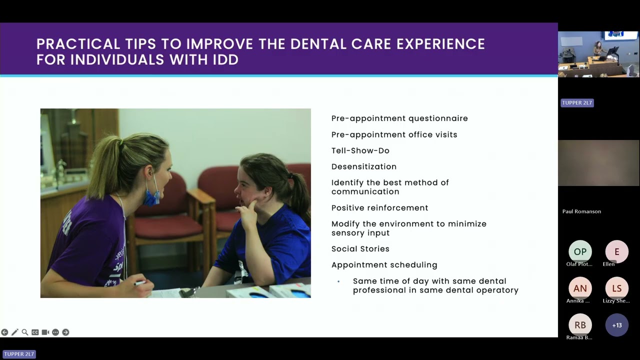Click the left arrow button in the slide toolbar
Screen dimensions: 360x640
click(x=4, y=332)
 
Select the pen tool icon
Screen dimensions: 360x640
click(x=14, y=332)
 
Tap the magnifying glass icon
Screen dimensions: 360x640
click(x=24, y=332)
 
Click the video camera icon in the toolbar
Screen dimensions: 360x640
click(x=45, y=332)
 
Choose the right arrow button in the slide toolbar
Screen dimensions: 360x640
click(x=65, y=332)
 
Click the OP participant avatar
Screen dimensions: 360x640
click(x=580, y=251)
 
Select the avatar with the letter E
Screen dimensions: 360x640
click(x=616, y=251)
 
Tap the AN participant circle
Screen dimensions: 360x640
click(x=580, y=288)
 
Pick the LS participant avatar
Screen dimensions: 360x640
click(x=616, y=288)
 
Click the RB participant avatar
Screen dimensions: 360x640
click(x=580, y=325)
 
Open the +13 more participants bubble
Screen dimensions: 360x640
click(x=616, y=325)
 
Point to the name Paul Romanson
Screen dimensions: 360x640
click(x=581, y=211)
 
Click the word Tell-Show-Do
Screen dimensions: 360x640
click(x=360, y=150)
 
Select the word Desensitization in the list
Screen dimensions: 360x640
click(x=363, y=166)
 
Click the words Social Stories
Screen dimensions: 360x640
click(x=360, y=248)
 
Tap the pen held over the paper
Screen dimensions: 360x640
click(x=139, y=283)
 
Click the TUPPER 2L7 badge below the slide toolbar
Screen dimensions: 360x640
click(x=19, y=354)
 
